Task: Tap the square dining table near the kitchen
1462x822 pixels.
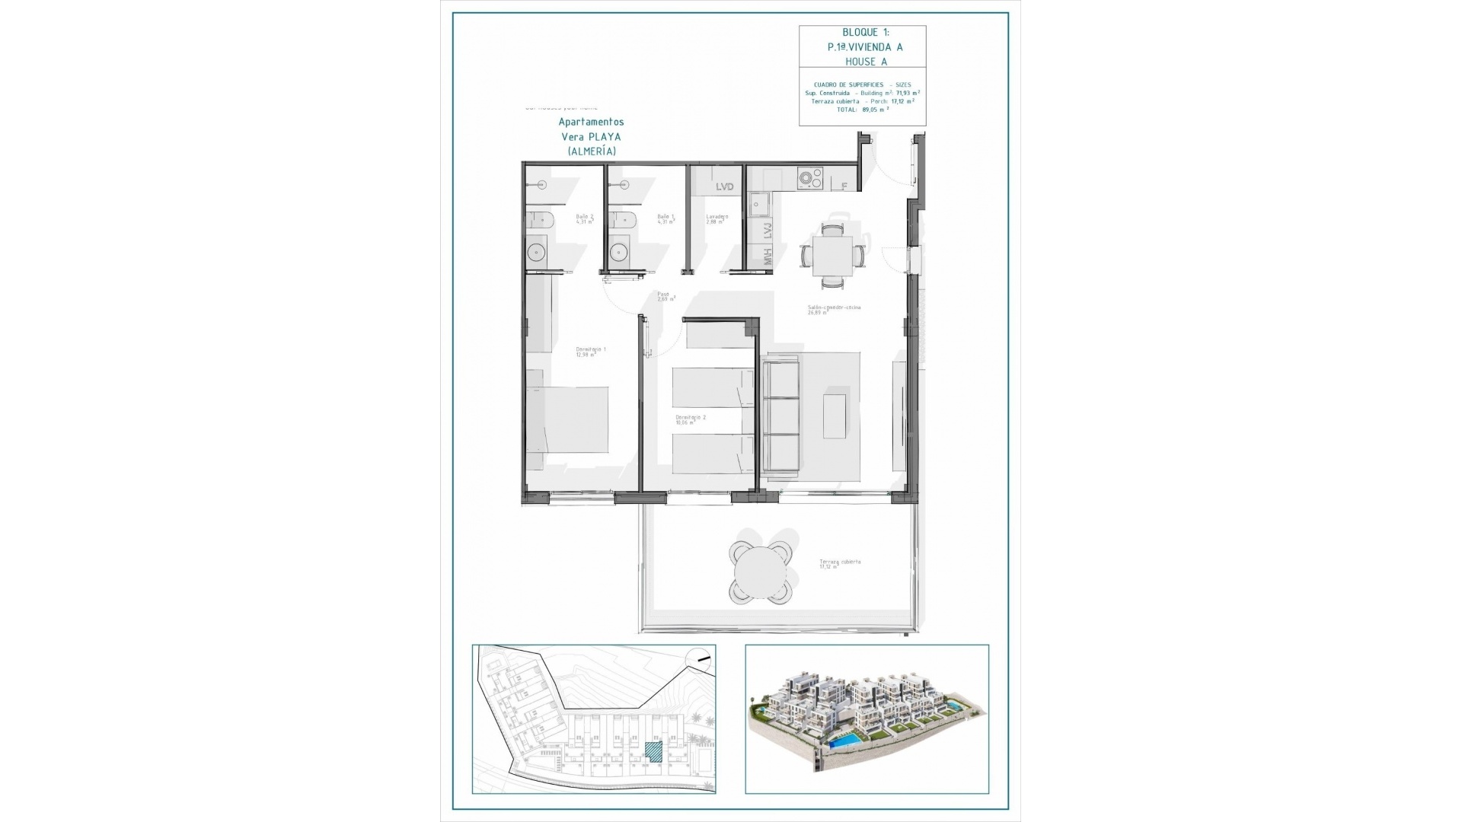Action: coord(832,256)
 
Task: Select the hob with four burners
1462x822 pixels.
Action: coord(809,179)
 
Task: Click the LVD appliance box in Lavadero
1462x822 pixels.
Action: coord(724,186)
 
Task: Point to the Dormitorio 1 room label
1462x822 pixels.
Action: coord(591,351)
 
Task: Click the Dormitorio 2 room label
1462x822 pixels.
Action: coord(691,419)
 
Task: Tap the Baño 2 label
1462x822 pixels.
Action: coord(584,218)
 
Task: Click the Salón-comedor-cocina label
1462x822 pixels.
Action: coord(834,309)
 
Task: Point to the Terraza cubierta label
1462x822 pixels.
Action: coord(839,563)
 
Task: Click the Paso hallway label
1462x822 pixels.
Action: coord(664,296)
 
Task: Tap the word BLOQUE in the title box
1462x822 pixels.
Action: coord(859,32)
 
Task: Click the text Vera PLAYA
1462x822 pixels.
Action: coord(591,137)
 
